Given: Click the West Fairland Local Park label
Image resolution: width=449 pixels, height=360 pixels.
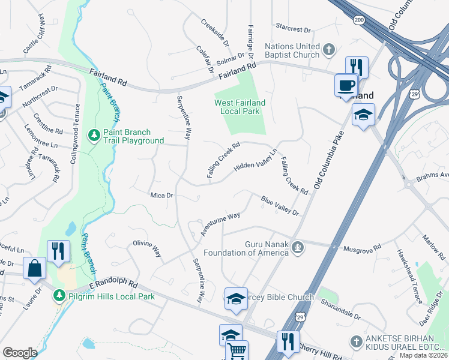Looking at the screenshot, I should pos(240,107).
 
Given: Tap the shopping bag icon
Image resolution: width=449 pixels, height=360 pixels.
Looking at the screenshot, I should pos(34,268).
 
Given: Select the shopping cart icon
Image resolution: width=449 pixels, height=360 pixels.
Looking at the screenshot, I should pos(238,350).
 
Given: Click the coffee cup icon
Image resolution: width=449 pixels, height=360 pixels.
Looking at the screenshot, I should pos(346,85).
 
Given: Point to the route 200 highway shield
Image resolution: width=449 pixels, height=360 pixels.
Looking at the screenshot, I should pos(359,20).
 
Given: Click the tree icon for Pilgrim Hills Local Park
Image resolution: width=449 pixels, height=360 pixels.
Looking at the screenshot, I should pos(59,296).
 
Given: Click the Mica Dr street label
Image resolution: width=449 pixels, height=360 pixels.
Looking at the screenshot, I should pos(161,195).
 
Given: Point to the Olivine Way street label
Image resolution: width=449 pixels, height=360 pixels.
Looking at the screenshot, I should pos(147,248).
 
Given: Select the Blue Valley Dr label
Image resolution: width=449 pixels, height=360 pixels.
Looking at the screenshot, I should pos(279,205).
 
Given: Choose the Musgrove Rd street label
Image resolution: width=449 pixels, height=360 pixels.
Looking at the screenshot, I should pos(362,247).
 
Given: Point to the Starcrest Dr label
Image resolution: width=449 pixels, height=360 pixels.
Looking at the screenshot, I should pos(294,29).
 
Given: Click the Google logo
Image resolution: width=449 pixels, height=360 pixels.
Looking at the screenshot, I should pos(20,353).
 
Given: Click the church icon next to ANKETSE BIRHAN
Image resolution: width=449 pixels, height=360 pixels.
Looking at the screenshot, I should pos(357,340).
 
